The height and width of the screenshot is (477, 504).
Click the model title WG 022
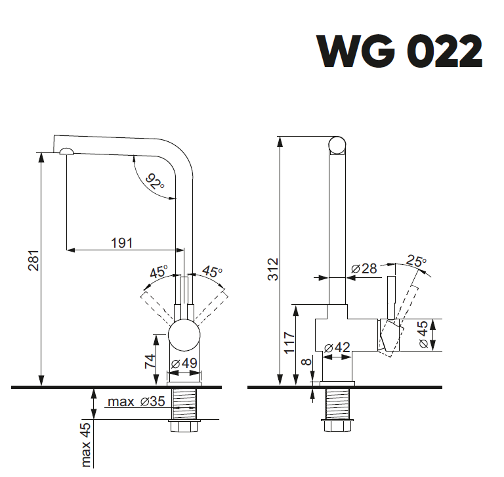pos(400,51)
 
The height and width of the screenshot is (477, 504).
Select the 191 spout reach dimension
pos(121,242)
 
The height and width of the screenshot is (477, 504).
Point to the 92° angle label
pos(155,182)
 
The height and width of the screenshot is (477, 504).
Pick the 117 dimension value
pos(289,343)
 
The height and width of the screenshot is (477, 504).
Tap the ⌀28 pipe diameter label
pos(364,268)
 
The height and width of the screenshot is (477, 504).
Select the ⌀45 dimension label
pos(423,336)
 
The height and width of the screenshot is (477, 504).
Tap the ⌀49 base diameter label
pos(184,364)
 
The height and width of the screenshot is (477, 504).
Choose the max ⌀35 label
pos(136,401)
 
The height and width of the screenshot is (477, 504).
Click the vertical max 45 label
pos(86,445)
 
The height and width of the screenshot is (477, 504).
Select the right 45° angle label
pos(211,271)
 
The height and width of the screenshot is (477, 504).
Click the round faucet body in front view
pos(184,334)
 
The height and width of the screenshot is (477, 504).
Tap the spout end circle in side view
pos(337,145)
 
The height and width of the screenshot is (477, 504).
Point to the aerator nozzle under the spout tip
pos(67,152)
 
